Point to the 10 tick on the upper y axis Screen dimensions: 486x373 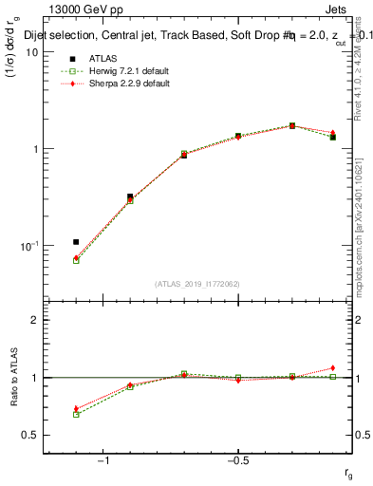(32, 52)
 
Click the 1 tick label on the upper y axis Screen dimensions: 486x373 (35, 149)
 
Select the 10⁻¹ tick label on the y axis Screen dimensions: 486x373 (29, 246)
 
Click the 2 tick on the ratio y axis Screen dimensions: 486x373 (35, 320)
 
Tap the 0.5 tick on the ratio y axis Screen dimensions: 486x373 (31, 435)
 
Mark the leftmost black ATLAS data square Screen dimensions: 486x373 (76, 242)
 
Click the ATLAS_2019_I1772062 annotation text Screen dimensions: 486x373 (198, 284)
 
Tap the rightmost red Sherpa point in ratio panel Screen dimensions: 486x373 (332, 368)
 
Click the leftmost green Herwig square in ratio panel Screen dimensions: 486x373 (76, 415)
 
